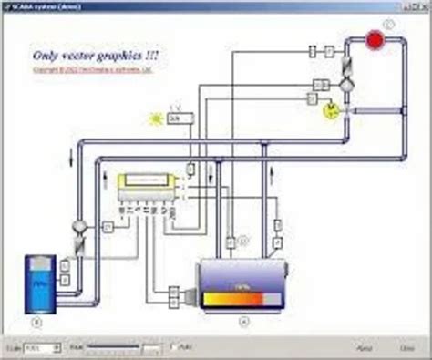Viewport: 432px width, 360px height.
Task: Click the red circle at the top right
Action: pos(374,40)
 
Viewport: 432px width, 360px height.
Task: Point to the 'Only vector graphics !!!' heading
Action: pos(96,56)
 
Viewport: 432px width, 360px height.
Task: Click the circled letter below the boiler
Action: pos(242,321)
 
